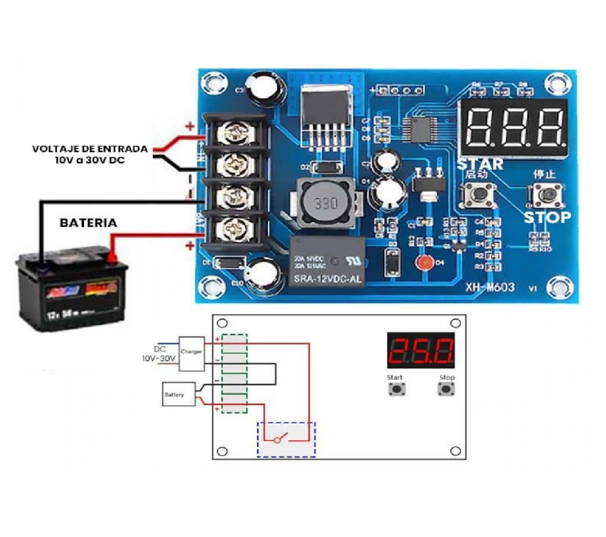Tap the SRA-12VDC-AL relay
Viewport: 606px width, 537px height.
(x=327, y=261)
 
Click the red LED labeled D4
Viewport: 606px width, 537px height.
(x=423, y=263)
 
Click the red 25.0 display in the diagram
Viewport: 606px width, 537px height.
(x=421, y=351)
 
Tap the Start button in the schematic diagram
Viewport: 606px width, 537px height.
(x=395, y=389)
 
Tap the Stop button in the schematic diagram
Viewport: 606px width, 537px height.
(x=447, y=389)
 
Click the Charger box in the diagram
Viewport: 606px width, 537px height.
(x=192, y=353)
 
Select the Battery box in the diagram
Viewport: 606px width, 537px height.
(x=179, y=394)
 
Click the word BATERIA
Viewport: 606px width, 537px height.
(x=88, y=223)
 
